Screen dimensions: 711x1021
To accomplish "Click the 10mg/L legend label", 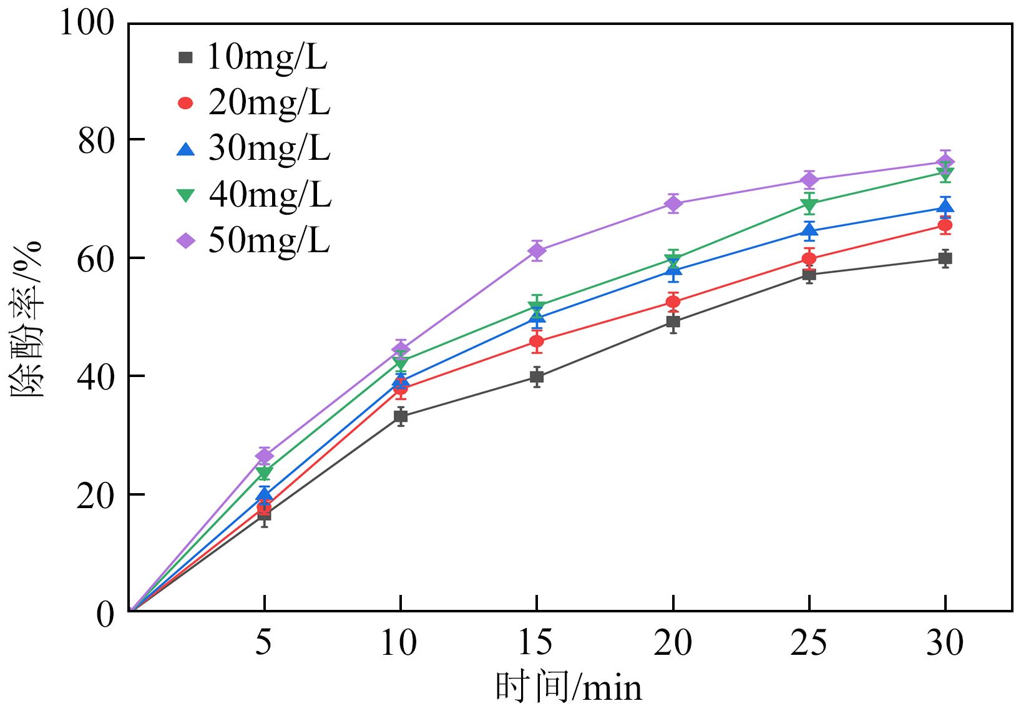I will [266, 57].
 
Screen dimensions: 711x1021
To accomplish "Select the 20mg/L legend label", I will [268, 103].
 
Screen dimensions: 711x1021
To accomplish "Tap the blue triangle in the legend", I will [186, 149].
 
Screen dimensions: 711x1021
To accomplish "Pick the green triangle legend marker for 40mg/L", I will [186, 195].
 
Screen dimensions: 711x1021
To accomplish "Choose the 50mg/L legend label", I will [268, 241].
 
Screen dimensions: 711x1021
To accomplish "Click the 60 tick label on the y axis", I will [96, 258].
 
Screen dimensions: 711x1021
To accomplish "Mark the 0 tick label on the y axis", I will [106, 614].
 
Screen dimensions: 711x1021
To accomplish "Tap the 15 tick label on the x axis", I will [536, 643].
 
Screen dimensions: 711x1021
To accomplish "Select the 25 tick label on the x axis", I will [809, 643].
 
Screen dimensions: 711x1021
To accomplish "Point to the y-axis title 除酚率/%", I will [26, 318].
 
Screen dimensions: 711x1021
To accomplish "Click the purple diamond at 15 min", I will [537, 251].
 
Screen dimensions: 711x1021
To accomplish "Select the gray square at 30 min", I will [945, 258].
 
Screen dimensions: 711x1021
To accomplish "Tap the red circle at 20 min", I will [673, 302].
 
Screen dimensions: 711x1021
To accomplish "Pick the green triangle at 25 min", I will [809, 204].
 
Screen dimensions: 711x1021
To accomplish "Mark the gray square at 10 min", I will [401, 416].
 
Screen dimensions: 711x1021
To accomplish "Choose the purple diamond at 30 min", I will [945, 162].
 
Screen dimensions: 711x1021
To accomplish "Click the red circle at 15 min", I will [537, 341].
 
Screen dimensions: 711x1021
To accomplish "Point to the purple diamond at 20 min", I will [673, 203].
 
